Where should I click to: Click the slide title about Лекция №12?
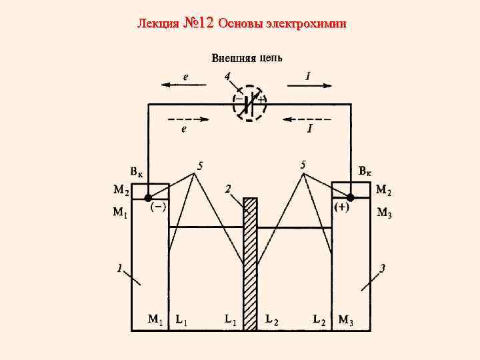[x=241, y=24]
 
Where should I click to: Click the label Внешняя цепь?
[x=247, y=58]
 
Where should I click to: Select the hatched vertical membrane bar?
[x=250, y=263]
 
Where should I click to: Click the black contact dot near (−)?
[x=148, y=198]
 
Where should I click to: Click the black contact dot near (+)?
[x=350, y=198]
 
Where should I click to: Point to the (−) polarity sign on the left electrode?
[x=158, y=208]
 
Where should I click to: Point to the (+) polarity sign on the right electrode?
[x=341, y=208]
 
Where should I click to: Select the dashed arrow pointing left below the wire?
[x=303, y=121]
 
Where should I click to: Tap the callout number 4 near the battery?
[x=227, y=76]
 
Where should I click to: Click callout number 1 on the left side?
[x=119, y=269]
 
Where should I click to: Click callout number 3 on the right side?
[x=382, y=269]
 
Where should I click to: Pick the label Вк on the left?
[x=137, y=172]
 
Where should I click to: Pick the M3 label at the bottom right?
[x=346, y=321]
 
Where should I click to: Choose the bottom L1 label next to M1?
[x=181, y=320]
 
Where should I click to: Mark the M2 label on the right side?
[x=384, y=190]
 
